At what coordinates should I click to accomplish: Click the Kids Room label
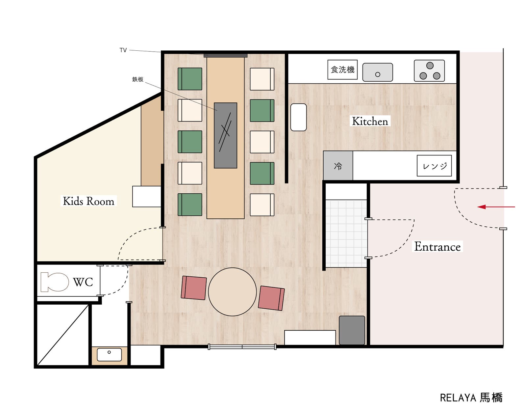(x=88, y=201)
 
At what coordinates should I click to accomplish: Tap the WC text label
(x=83, y=282)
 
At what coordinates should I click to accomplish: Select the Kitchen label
(x=370, y=121)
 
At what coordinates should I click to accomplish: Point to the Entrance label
(x=437, y=246)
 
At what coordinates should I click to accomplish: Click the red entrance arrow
(x=496, y=207)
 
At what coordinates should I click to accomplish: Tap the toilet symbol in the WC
(x=55, y=282)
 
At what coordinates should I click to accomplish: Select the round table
(x=232, y=292)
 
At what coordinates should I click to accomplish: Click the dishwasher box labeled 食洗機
(x=342, y=69)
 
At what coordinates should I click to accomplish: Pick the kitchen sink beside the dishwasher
(x=378, y=72)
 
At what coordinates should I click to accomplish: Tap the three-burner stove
(x=430, y=70)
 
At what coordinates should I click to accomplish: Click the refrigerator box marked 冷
(x=338, y=166)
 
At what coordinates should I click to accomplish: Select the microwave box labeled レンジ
(x=434, y=166)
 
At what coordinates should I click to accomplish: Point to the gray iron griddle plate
(x=226, y=135)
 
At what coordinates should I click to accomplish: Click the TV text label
(x=123, y=50)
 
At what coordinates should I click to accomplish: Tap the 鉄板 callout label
(x=138, y=79)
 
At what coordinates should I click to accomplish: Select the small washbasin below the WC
(x=109, y=355)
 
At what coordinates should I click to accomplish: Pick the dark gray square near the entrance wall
(x=352, y=330)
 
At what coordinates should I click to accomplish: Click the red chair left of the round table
(x=194, y=288)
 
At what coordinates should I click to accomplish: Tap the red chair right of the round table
(x=271, y=298)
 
